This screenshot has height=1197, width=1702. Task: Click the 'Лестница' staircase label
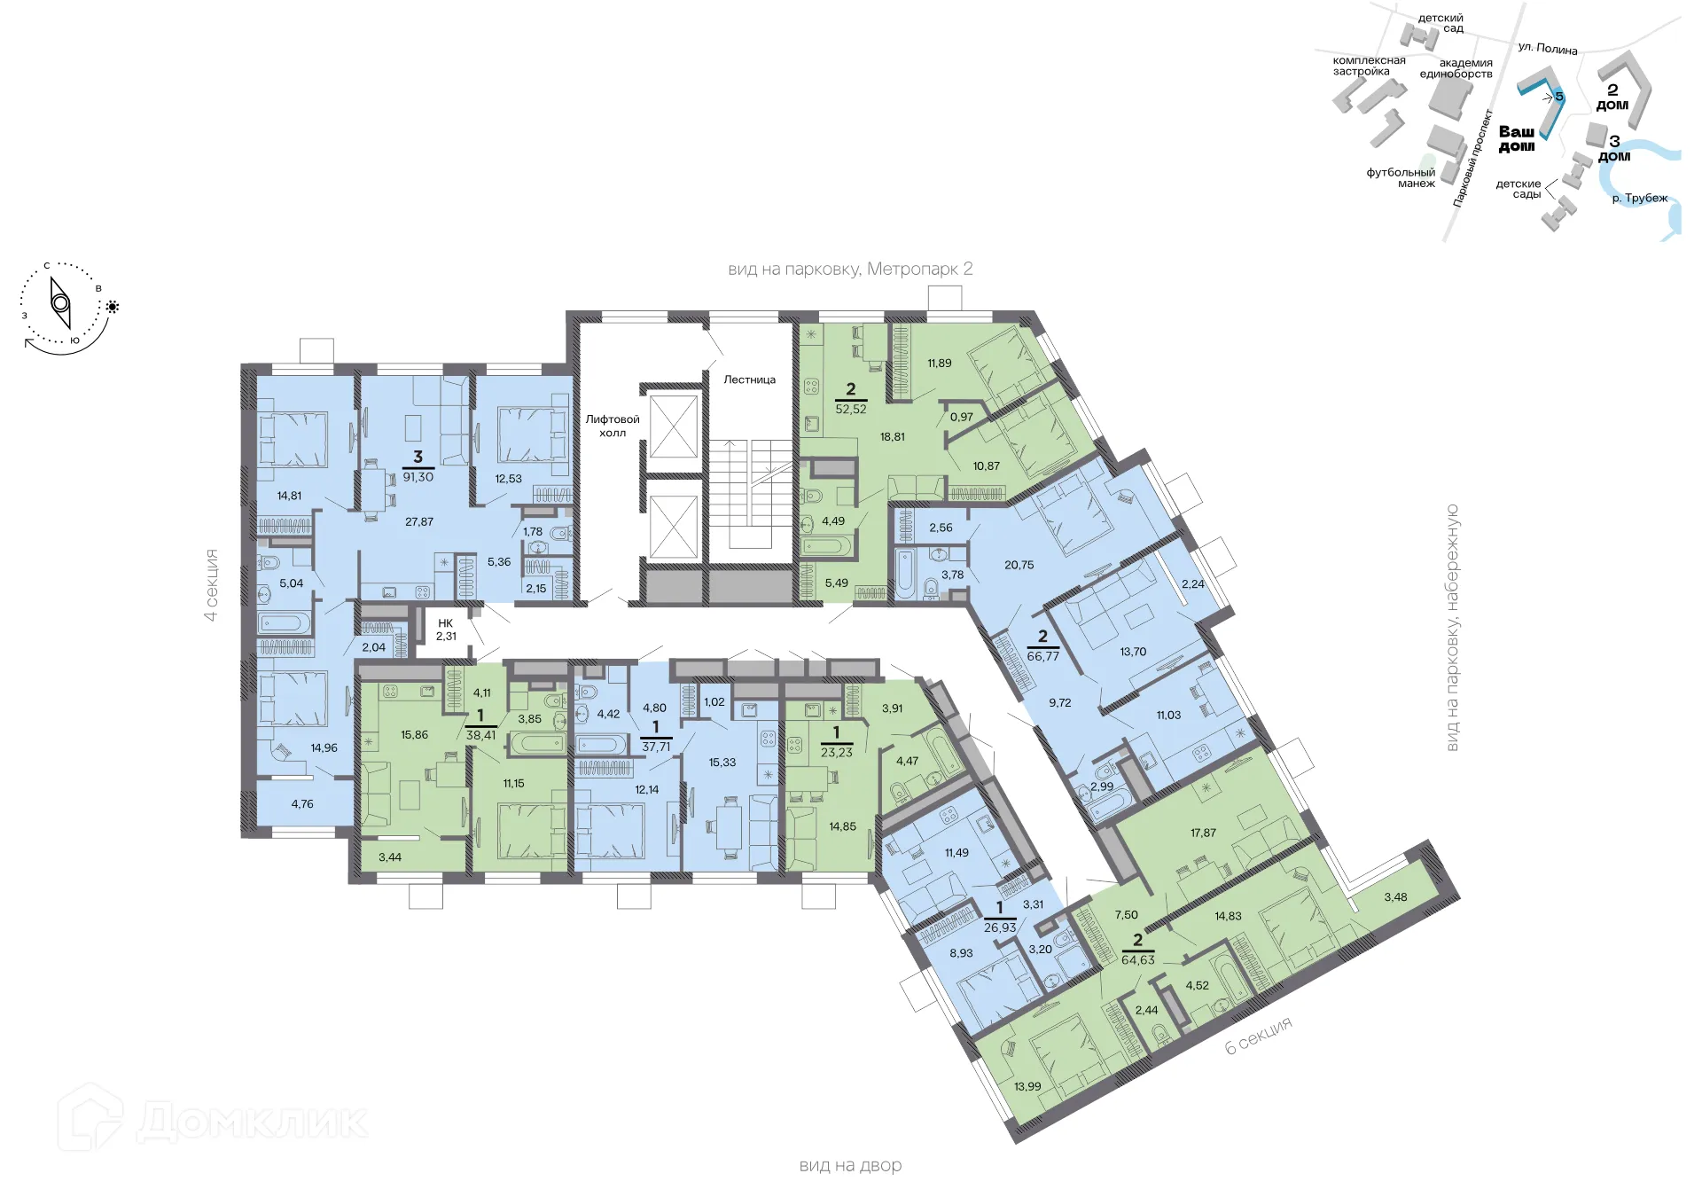(x=749, y=379)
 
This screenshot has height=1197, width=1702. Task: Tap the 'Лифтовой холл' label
(x=612, y=426)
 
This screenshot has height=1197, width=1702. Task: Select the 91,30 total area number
(x=418, y=477)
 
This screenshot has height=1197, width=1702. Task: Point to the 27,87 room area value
(x=419, y=521)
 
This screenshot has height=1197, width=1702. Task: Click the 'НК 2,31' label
(x=446, y=630)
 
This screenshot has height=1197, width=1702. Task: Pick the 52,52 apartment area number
(x=851, y=409)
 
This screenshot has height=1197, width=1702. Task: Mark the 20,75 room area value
(x=1019, y=565)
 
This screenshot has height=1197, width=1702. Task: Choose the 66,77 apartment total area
(x=1042, y=656)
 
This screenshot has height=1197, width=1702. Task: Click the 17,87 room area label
(x=1203, y=833)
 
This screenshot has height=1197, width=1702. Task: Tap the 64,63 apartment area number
(x=1137, y=959)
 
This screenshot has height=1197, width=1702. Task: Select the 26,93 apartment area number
(x=1000, y=927)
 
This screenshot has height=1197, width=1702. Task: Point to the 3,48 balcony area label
(x=1395, y=897)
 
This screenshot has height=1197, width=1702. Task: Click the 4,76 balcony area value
(x=302, y=804)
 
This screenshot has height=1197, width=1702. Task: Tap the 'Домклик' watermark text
(x=253, y=1122)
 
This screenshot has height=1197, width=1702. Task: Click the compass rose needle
(x=60, y=303)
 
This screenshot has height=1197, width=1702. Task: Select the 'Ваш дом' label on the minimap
(x=1516, y=138)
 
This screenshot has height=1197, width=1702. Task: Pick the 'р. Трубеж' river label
(x=1639, y=199)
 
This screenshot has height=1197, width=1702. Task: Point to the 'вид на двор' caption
(x=850, y=1166)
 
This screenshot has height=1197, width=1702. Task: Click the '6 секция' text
(x=1258, y=1036)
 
